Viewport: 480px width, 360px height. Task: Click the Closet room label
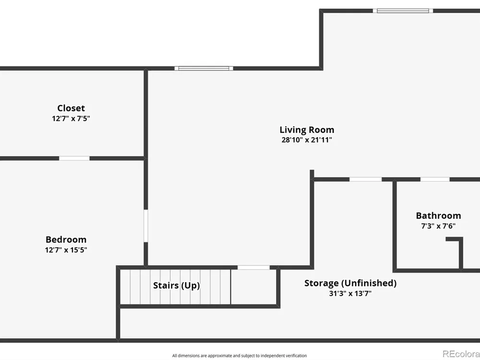point(71,108)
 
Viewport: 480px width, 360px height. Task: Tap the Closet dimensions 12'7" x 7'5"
point(71,119)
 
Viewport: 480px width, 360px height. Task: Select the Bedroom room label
point(66,240)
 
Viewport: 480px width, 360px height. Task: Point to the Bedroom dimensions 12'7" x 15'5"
point(66,250)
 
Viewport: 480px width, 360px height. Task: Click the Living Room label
point(307,130)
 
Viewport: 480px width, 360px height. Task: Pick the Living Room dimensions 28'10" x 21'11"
point(307,140)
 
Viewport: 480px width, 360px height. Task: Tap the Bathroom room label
point(438,216)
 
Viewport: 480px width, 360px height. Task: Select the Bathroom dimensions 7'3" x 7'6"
point(438,226)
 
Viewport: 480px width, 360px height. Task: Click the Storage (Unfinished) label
point(350,283)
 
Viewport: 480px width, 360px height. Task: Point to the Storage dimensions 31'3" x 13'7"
point(350,293)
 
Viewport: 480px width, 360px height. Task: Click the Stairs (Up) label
point(176,285)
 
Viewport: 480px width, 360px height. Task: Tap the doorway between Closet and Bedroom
point(74,158)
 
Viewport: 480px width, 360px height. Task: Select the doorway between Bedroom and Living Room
point(146,226)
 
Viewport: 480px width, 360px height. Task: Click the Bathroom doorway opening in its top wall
point(435,180)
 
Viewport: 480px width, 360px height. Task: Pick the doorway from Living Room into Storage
point(365,180)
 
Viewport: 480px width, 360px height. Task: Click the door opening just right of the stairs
point(254,267)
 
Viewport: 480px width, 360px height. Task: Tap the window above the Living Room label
point(204,68)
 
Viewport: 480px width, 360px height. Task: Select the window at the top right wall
point(403,11)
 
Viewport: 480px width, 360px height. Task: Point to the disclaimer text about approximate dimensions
point(240,355)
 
